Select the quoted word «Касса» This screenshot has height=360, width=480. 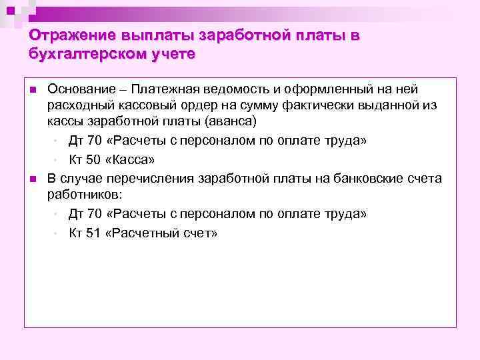point(131,160)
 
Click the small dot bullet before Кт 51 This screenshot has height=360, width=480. point(56,234)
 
